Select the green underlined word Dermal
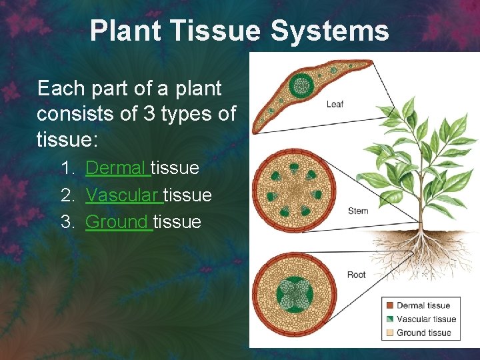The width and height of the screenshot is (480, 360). coord(117,168)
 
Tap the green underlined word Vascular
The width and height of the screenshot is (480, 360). coord(123,195)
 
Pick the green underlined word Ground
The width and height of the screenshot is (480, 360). coord(118,221)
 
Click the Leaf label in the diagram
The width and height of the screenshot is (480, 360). coord(335,104)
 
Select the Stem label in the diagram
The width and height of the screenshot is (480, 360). coord(357,211)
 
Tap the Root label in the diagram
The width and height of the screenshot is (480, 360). coord(356,275)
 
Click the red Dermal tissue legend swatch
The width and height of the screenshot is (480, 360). coord(390,306)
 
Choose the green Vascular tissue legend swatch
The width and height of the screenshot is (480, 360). coord(390,319)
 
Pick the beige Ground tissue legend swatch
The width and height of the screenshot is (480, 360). coord(390,333)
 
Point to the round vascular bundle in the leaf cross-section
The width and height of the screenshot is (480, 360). coord(301,85)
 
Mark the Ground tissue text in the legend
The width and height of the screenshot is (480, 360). coord(424,333)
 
